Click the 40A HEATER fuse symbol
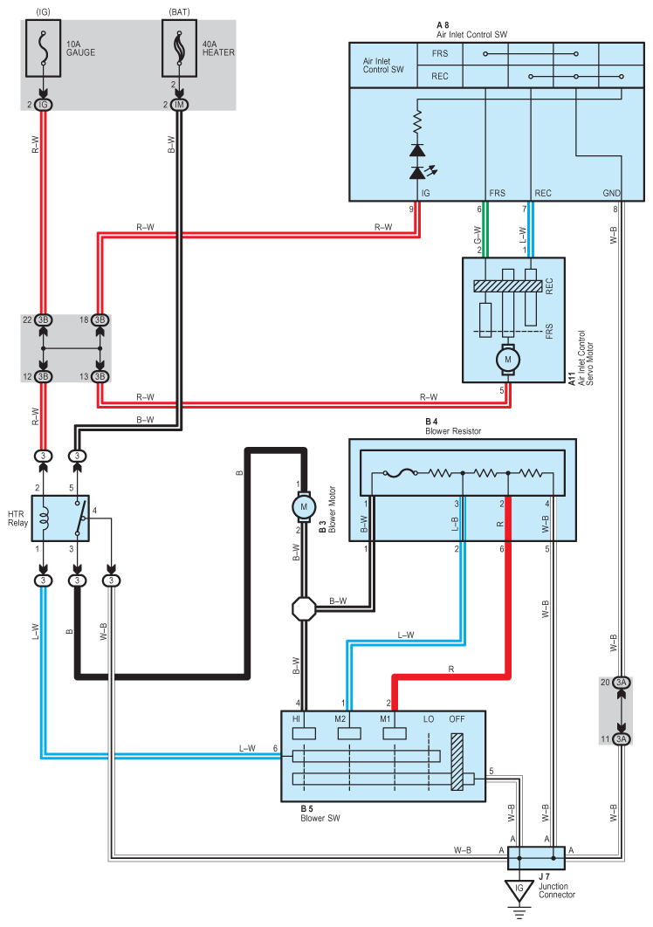click(x=179, y=51)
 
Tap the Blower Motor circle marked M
click(x=304, y=506)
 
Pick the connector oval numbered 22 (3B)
click(x=44, y=319)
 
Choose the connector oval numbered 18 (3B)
click(x=100, y=319)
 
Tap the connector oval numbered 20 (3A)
click(x=621, y=682)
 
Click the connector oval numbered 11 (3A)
click(x=621, y=738)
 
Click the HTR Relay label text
click(x=16, y=513)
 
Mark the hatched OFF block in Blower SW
click(x=457, y=762)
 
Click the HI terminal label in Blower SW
click(x=298, y=718)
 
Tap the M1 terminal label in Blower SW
click(x=385, y=718)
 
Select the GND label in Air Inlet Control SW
click(x=611, y=193)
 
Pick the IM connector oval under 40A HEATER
click(x=180, y=105)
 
